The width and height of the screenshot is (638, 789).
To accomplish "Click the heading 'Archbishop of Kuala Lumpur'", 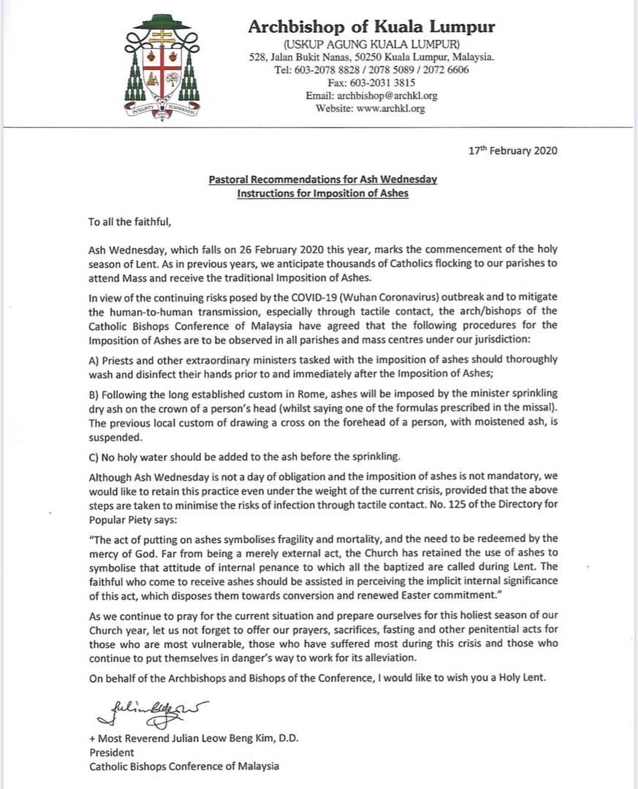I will [x=371, y=28].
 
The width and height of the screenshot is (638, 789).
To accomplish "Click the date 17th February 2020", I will [x=513, y=151].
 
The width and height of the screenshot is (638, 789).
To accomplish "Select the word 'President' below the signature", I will [x=112, y=752].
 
